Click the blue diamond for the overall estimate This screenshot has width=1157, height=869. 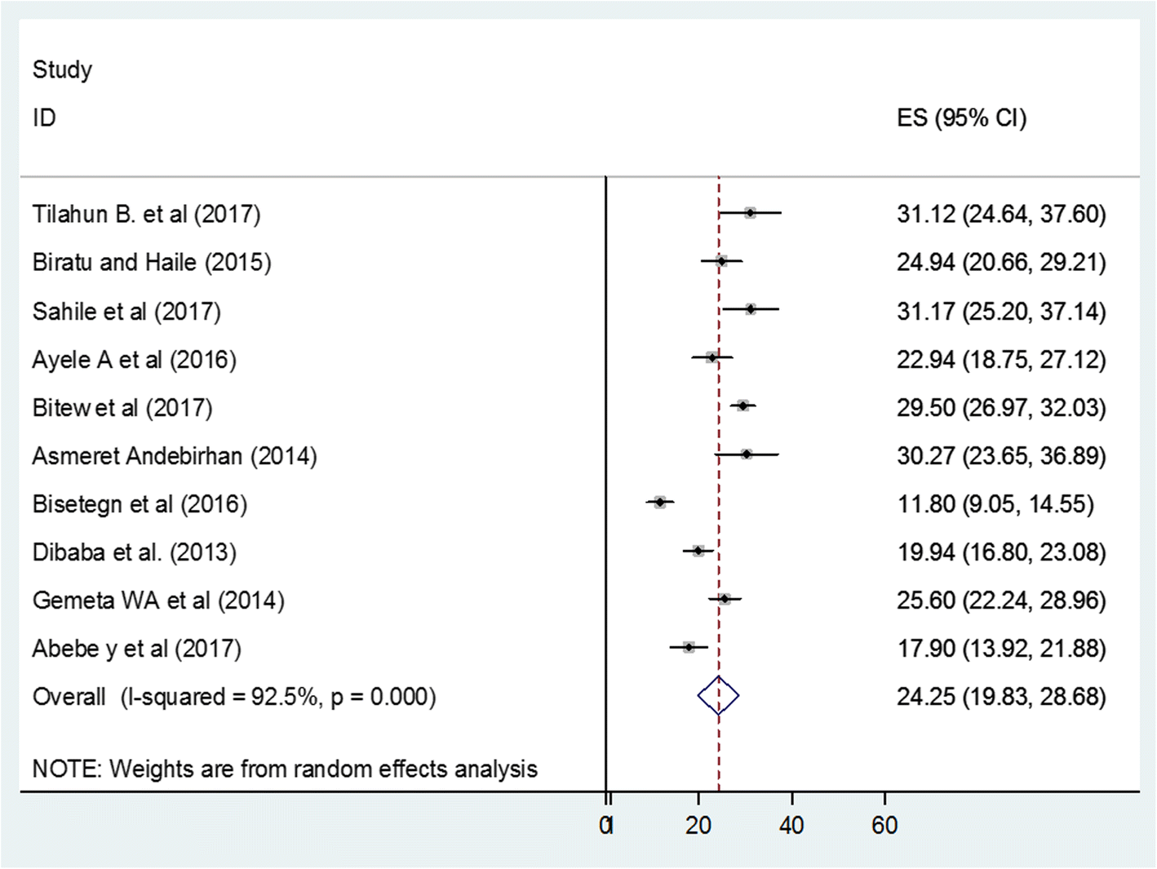(718, 696)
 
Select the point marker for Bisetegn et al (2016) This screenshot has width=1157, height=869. (660, 503)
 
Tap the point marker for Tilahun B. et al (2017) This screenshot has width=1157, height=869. (750, 213)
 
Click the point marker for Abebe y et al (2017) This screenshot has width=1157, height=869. (689, 647)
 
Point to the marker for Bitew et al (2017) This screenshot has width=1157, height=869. (743, 406)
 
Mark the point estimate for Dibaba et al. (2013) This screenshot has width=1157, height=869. (698, 551)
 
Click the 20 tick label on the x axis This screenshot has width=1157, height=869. (698, 826)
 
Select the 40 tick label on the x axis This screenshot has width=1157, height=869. (791, 826)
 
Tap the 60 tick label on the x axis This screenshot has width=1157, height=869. (884, 826)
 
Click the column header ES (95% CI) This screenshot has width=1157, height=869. (961, 118)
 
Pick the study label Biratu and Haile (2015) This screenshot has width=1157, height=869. (152, 262)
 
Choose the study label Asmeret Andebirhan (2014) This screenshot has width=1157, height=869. (175, 455)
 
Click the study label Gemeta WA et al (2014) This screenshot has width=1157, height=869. (158, 601)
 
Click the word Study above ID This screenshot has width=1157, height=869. (62, 70)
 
